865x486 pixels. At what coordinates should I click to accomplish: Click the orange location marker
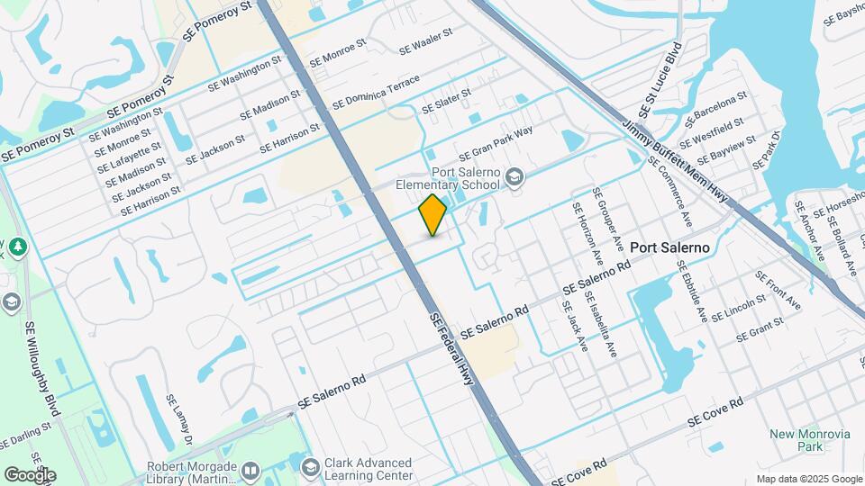[x=433, y=214]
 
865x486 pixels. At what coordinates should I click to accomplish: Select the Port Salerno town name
[x=669, y=247]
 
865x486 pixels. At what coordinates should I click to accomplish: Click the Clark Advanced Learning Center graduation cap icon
[x=311, y=467]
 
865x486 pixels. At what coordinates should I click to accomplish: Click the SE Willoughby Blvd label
[x=43, y=369]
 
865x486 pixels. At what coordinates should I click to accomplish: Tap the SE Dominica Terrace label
[x=377, y=93]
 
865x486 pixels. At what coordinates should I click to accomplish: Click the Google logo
[x=30, y=474]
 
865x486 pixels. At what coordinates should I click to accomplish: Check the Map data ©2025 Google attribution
[x=808, y=478]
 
